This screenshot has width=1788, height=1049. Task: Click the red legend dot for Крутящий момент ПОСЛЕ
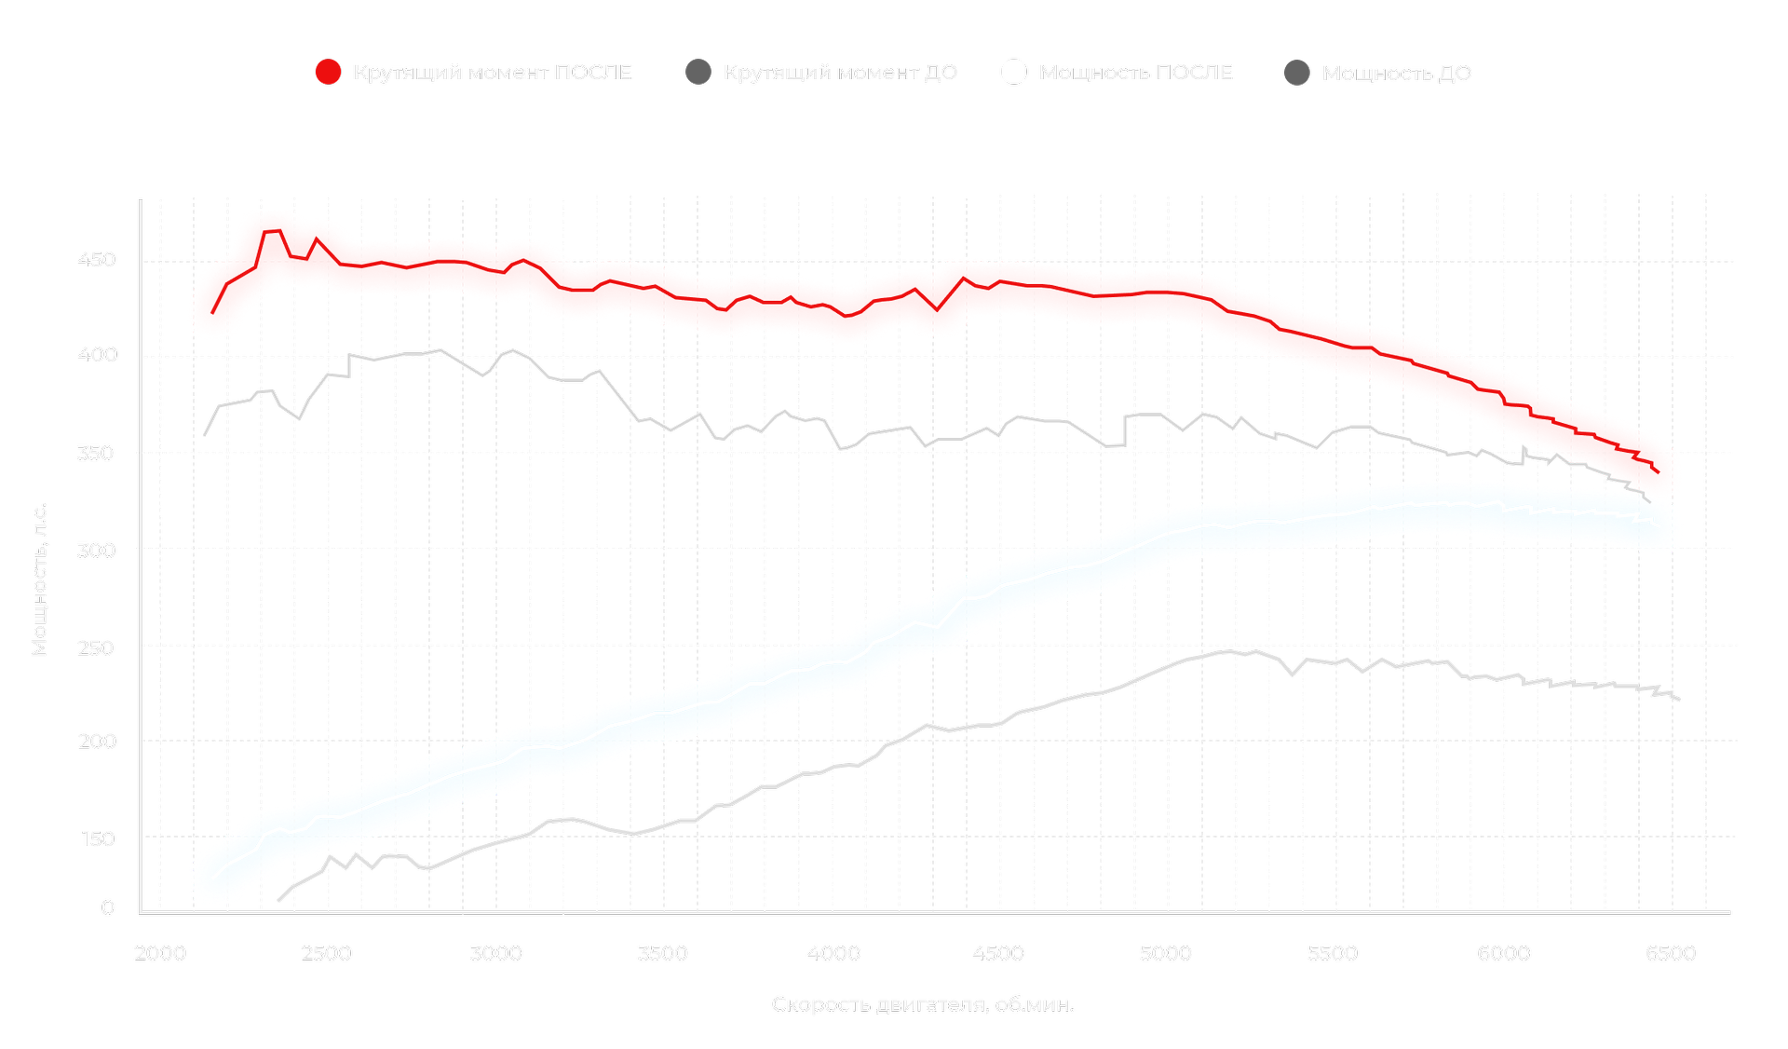click(x=328, y=72)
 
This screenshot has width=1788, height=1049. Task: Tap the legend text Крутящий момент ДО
click(x=840, y=72)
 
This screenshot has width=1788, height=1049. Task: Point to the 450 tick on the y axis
click(x=97, y=260)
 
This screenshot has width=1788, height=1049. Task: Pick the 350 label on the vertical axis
click(x=97, y=454)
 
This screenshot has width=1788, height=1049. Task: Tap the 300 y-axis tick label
click(x=97, y=551)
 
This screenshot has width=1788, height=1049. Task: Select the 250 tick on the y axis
click(x=97, y=647)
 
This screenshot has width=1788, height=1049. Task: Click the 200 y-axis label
click(x=97, y=742)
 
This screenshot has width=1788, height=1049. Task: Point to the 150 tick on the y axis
click(x=98, y=838)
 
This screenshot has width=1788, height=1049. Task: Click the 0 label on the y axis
click(x=108, y=907)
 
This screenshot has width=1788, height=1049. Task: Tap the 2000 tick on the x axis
click(x=160, y=953)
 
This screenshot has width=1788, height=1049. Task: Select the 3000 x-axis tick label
click(x=495, y=953)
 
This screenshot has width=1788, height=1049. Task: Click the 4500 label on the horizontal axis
click(x=997, y=953)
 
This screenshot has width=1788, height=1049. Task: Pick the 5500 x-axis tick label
click(x=1333, y=953)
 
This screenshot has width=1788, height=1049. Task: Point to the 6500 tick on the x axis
click(x=1671, y=953)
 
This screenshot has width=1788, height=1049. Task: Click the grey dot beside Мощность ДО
click(x=1297, y=73)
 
